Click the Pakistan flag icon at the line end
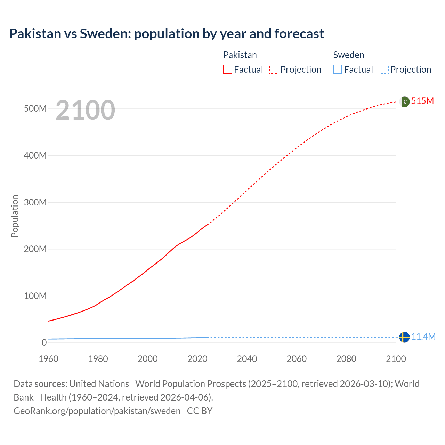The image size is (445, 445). click(x=405, y=102)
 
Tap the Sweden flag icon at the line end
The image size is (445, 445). click(x=404, y=337)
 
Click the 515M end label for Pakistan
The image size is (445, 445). click(x=422, y=101)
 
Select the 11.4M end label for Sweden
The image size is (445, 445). click(x=423, y=337)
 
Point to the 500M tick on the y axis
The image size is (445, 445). click(x=35, y=108)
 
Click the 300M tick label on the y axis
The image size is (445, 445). click(x=35, y=202)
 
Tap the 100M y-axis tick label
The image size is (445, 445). click(x=35, y=296)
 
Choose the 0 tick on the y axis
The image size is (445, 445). click(x=44, y=342)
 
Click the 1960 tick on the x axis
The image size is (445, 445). click(x=48, y=359)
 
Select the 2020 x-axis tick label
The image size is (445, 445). click(x=197, y=359)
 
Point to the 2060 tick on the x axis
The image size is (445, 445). click(x=297, y=359)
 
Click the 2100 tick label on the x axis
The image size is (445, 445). click(x=396, y=359)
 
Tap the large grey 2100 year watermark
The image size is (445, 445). click(x=85, y=110)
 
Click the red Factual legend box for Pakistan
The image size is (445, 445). click(x=228, y=69)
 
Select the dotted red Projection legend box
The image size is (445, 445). click(x=274, y=69)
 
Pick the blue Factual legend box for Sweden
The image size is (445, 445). click(x=338, y=69)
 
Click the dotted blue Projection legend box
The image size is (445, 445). click(x=384, y=69)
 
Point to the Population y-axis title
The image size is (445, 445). click(x=15, y=216)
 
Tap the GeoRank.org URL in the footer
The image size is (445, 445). click(x=97, y=411)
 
